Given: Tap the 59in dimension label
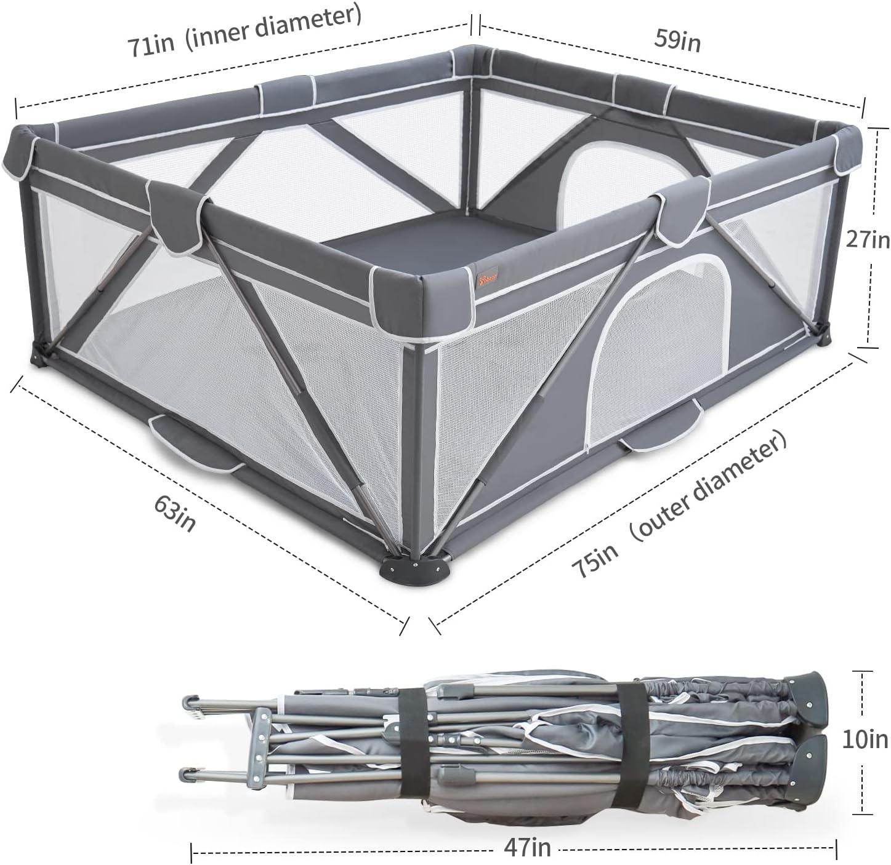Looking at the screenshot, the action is point(677,41).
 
